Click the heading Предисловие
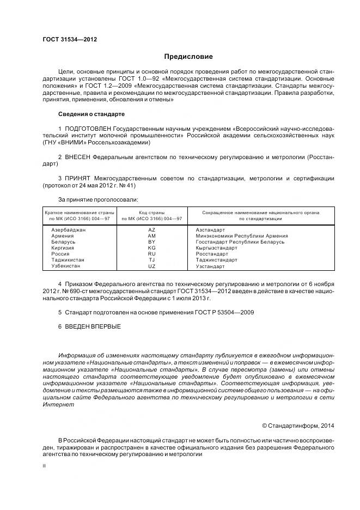pos(189,57)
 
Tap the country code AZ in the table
pos(152,230)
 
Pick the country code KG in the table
pos(152,248)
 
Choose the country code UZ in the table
pos(152,266)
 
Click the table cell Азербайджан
pos(69,230)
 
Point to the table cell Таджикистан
pos(69,260)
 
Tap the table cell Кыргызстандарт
pos(216,248)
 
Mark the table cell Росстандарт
pos(212,254)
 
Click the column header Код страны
pos(152,212)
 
